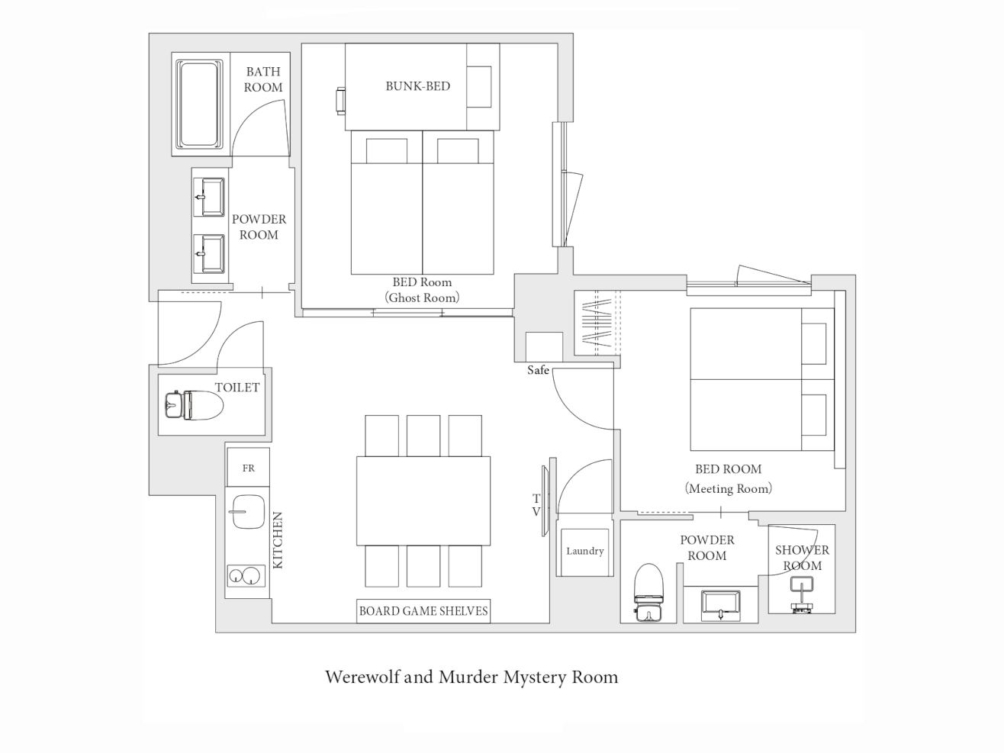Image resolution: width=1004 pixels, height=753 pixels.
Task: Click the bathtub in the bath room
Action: pos(200,105)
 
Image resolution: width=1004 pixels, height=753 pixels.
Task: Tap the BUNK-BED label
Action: pos(417,86)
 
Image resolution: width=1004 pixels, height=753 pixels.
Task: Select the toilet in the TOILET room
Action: pos(194,404)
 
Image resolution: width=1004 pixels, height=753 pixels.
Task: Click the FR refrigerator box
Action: pos(248,467)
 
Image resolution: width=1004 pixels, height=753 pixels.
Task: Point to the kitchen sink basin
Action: pos(248,511)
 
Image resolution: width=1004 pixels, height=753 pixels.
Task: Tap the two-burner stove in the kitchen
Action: pos(246,575)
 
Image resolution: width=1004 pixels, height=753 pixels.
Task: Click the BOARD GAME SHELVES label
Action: pos(423,611)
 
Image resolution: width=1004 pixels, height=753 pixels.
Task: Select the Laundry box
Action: pos(584,552)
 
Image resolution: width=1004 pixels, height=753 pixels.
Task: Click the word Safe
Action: pos(538,370)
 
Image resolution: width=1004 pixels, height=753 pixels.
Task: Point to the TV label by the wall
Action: pos(536,505)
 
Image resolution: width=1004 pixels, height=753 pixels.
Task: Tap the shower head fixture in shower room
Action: pos(802,594)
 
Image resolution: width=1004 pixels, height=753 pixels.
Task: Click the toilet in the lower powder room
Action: pos(648,593)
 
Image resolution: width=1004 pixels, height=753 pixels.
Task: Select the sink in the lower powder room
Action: pos(721,605)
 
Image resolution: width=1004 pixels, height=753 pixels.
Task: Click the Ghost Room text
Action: pos(422,298)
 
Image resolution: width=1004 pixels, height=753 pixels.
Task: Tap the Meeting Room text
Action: pos(728,489)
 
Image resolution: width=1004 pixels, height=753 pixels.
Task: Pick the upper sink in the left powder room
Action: pos(209,197)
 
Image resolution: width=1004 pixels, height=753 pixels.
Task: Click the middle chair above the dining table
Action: pos(423,436)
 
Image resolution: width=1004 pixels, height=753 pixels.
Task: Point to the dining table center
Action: pos(423,500)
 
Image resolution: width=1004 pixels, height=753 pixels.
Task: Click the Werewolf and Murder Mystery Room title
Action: pos(471,677)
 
